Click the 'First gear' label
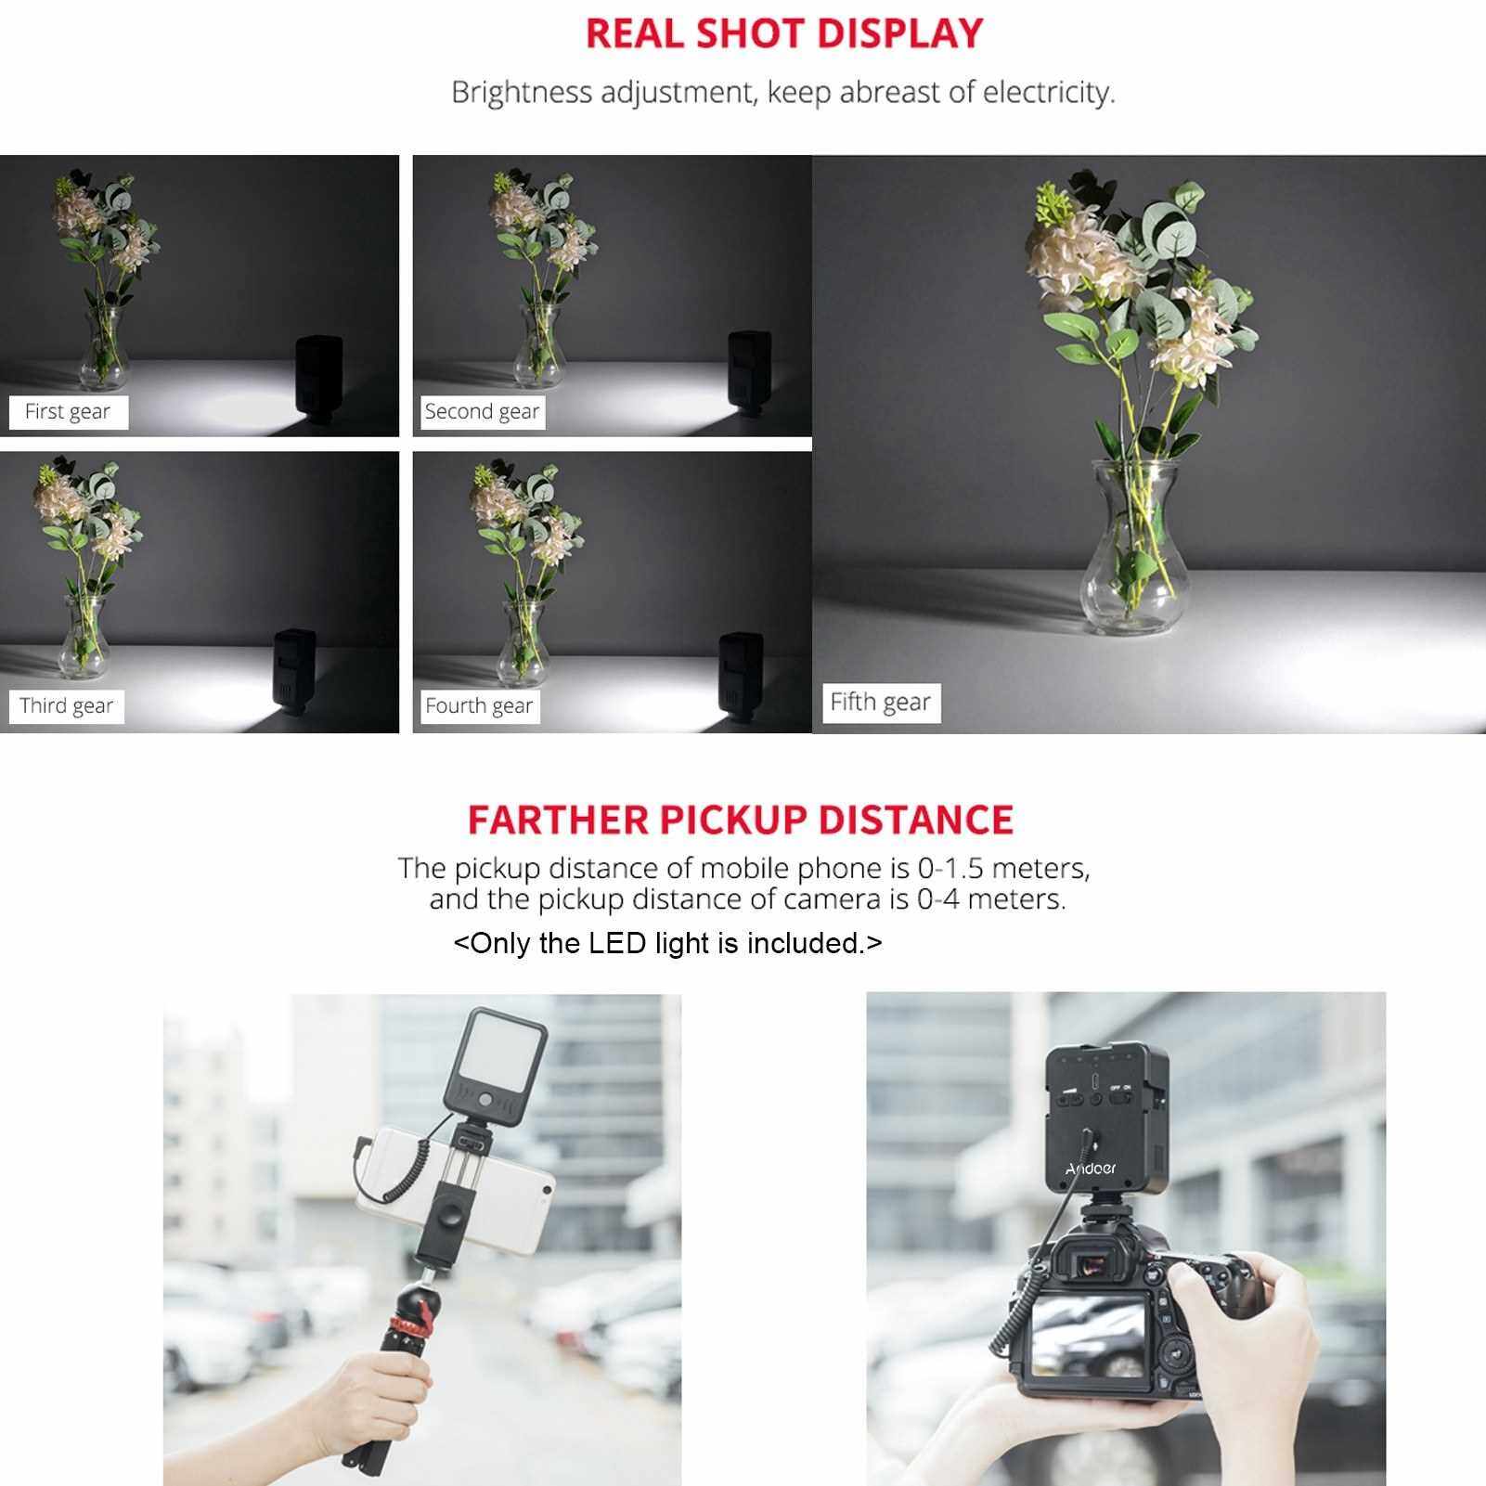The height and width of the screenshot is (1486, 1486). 68,411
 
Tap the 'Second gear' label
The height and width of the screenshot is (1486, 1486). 482,411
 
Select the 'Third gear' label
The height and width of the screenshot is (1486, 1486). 66,705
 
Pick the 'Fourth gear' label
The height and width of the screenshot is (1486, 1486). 479,706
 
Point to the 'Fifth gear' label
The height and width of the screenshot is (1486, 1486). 881,702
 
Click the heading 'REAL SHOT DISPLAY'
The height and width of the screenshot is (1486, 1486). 784,33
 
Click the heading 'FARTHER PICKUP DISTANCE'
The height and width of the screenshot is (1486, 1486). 741,820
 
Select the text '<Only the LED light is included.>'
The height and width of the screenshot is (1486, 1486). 668,943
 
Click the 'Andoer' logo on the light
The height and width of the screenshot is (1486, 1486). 1091,1169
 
